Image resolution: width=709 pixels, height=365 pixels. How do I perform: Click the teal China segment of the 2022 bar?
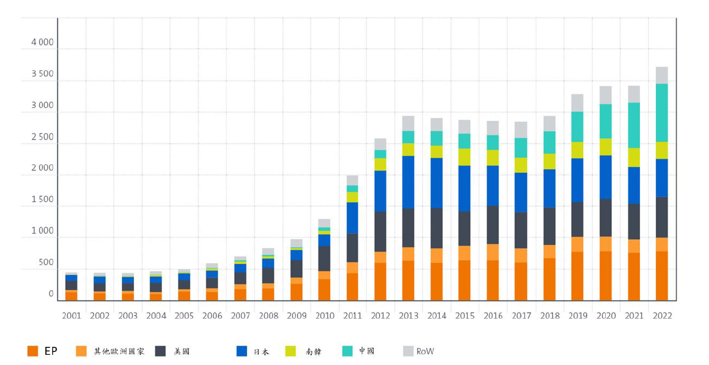point(662,113)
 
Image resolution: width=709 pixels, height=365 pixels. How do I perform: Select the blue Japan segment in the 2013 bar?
point(408,182)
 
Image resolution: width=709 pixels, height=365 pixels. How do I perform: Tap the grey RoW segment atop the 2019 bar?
point(578,103)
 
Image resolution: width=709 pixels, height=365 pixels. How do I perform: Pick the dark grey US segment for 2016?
point(493,225)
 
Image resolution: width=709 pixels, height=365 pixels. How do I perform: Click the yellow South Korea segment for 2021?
point(634,158)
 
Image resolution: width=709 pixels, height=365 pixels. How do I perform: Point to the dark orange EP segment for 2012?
point(380,282)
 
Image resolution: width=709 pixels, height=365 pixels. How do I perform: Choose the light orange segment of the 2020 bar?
point(605,244)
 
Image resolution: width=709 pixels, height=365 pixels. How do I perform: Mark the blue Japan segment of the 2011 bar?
point(353,218)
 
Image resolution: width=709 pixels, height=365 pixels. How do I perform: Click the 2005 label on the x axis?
point(184,316)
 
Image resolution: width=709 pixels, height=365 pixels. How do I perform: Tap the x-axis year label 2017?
point(521,316)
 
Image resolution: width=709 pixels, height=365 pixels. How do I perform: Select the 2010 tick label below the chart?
point(325,316)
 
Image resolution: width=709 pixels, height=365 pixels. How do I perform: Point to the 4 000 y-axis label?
point(43,42)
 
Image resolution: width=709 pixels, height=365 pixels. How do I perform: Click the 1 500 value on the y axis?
point(43,199)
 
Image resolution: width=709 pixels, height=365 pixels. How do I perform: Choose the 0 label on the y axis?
point(51,294)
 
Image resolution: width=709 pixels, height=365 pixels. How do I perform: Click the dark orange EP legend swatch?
point(33,351)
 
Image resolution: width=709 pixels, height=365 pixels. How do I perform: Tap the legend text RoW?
point(425,351)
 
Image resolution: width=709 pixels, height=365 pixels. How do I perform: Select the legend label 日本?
point(261,351)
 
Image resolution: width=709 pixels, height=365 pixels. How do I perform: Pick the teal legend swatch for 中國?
point(347,351)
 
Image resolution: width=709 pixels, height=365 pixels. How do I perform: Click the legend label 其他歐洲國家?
point(119,351)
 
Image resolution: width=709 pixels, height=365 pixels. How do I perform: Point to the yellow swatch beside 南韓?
point(291,351)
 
